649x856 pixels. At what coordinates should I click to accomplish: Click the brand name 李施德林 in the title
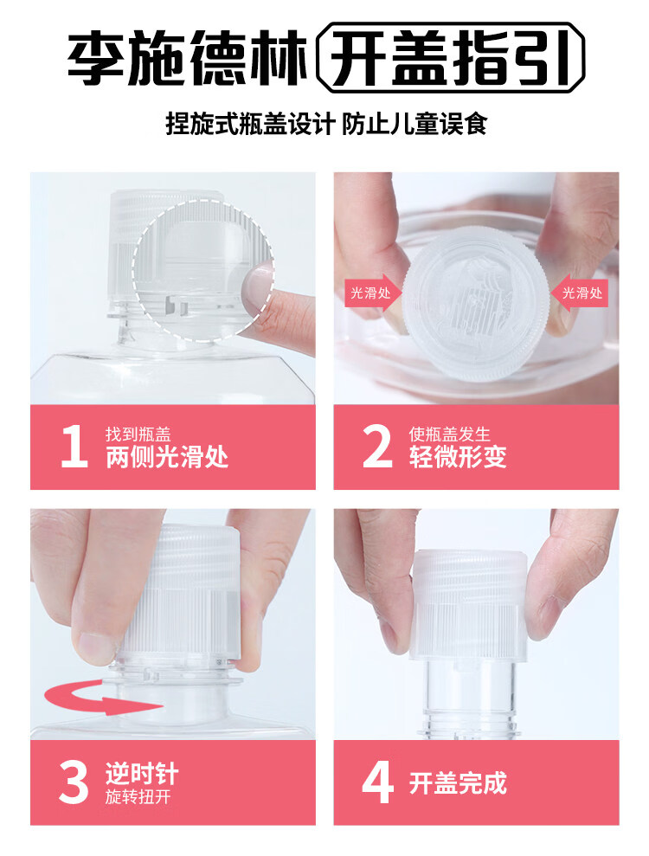coord(187,58)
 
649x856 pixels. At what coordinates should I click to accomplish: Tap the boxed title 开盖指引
coord(451,58)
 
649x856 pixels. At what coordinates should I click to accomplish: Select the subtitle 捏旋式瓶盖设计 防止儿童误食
coord(326,124)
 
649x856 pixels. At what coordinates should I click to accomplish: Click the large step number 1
coord(74,447)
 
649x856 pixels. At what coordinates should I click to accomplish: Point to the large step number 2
coord(377,447)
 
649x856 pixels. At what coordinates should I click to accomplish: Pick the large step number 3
coord(74,782)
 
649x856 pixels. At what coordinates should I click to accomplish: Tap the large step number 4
coord(378,782)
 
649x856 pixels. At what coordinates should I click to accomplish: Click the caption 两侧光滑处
coord(167,457)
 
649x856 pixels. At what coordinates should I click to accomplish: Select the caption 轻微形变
coord(458,457)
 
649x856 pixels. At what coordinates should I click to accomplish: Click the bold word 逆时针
coord(142,774)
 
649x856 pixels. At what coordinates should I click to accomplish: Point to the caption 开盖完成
coord(458,782)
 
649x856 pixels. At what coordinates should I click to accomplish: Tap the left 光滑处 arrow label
coord(372,293)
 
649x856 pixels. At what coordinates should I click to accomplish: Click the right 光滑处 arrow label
coord(580,293)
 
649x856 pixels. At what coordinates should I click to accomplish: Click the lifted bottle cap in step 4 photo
coord(469,605)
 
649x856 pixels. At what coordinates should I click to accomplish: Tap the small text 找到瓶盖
coord(138,434)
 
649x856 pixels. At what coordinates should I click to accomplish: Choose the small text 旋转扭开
coord(138,796)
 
